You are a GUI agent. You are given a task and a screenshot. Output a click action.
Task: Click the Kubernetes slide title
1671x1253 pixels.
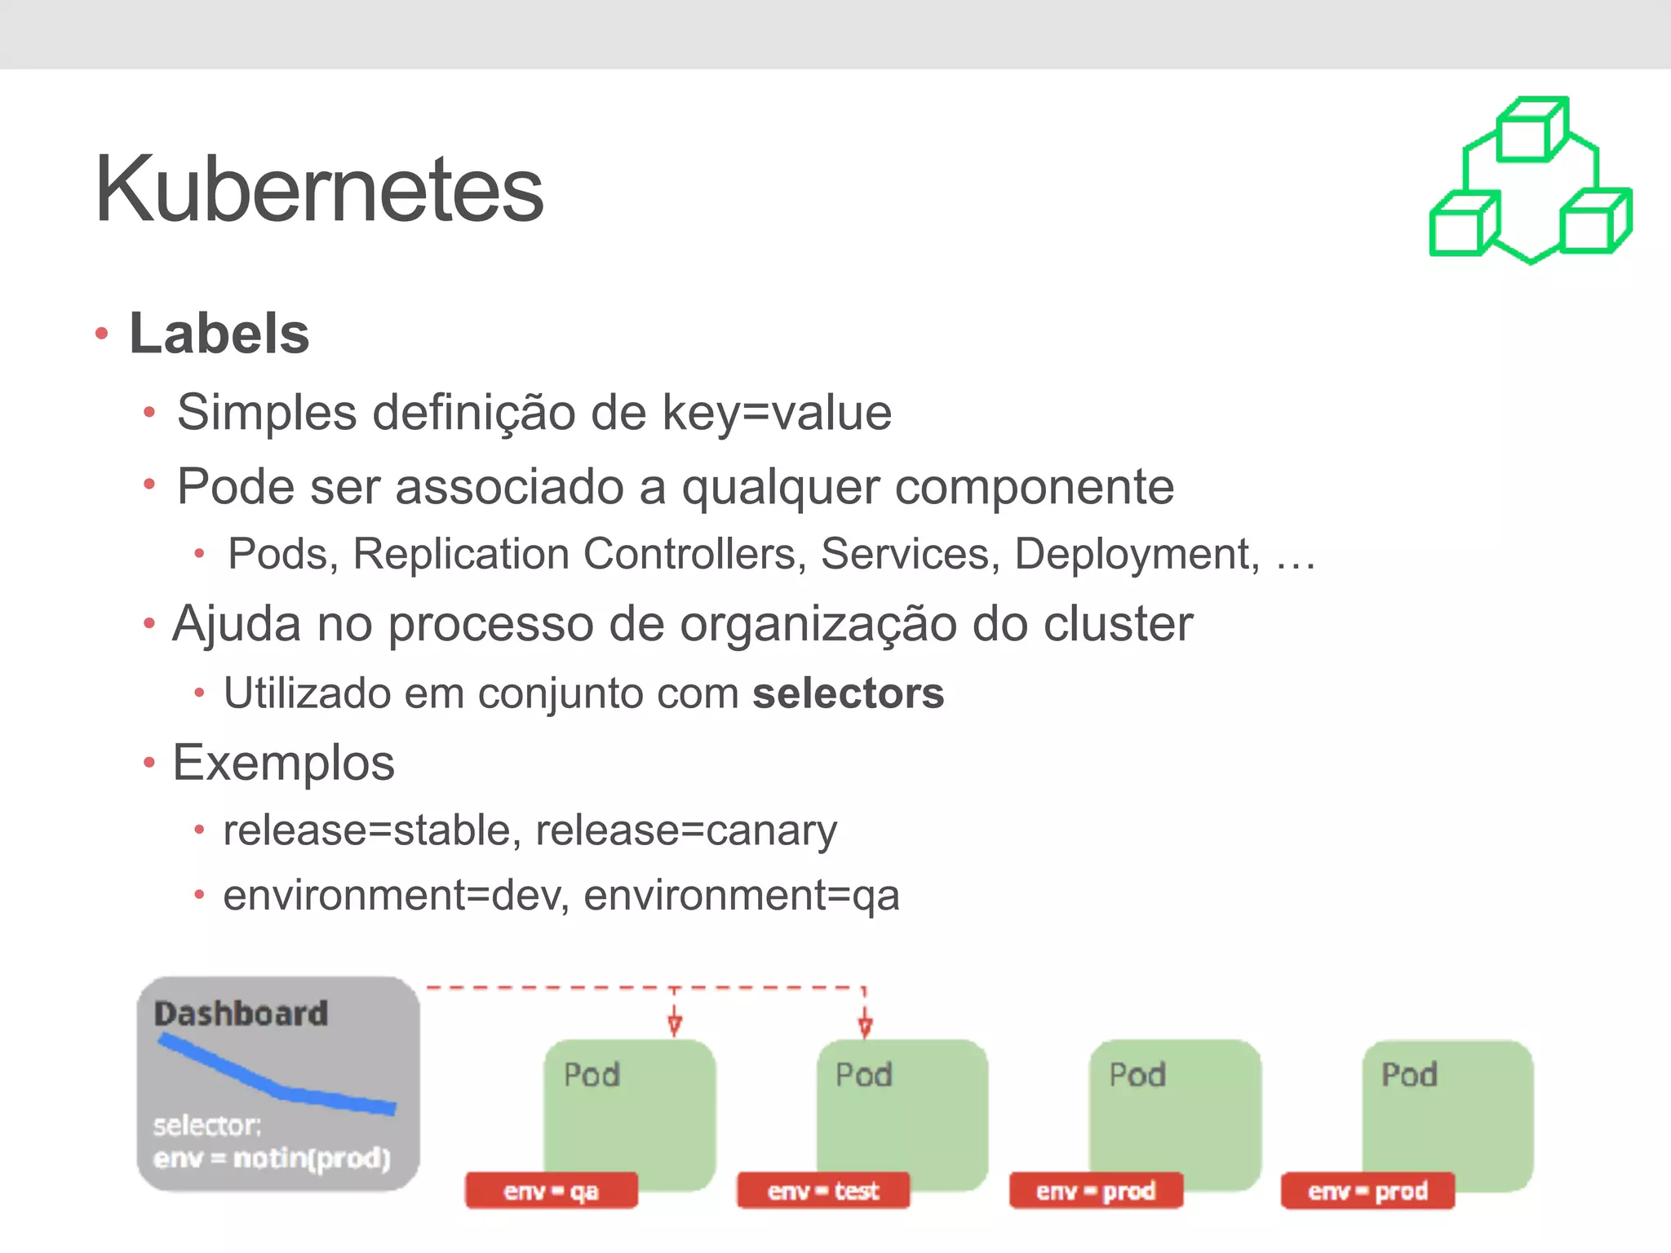pos(319,189)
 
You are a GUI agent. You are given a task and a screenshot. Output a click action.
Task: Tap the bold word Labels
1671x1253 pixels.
pos(219,334)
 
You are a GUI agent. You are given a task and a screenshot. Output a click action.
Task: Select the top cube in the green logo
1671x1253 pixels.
pos(1531,131)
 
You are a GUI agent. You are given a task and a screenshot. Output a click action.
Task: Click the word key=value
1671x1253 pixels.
pos(777,412)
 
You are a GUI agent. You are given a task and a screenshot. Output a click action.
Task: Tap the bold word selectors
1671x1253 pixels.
pos(848,693)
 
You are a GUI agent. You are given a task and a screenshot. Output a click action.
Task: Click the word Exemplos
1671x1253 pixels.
pos(283,763)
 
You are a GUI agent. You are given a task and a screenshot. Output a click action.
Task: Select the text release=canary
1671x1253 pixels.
pos(686,830)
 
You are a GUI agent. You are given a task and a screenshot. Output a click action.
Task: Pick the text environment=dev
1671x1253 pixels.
pos(396,895)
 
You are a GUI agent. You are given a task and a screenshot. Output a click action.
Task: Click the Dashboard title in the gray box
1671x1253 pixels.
pos(242,1014)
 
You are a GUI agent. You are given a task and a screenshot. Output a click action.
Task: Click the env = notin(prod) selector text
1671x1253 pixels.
pos(272,1158)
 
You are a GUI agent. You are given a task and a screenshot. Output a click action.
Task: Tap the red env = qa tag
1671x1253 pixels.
pos(551,1191)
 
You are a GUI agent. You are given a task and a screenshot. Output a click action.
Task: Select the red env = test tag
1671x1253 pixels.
pos(822,1191)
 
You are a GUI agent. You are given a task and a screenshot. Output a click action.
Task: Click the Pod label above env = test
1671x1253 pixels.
pos(864,1075)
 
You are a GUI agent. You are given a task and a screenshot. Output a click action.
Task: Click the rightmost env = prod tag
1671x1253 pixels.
pos(1367,1191)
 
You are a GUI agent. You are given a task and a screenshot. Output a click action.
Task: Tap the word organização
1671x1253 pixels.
pos(818,625)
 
